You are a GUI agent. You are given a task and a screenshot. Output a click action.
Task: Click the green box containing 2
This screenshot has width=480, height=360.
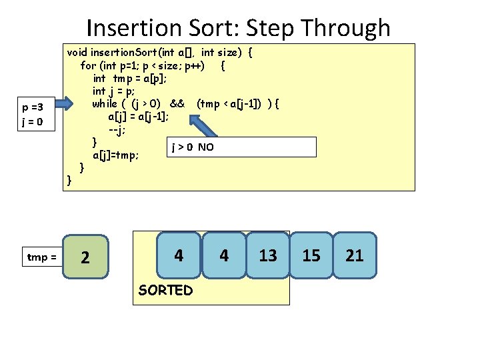tap(85, 257)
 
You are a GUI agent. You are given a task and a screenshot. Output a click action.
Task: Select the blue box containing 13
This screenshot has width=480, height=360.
tap(268, 255)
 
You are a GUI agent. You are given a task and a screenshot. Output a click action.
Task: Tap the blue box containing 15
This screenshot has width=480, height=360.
tap(311, 255)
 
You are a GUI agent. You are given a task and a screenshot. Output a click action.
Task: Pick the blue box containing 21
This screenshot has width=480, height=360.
tap(355, 255)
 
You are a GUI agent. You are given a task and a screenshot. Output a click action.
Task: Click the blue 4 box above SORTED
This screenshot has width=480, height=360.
tap(179, 255)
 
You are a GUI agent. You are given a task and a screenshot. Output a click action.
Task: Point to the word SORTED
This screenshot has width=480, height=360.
tap(165, 291)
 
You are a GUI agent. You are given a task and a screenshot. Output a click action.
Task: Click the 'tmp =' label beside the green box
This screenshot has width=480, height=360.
tap(41, 257)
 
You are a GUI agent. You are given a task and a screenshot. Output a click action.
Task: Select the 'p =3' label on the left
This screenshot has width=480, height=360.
tap(33, 107)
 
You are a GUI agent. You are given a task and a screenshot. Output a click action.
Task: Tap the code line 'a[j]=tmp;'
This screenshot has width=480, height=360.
tap(115, 155)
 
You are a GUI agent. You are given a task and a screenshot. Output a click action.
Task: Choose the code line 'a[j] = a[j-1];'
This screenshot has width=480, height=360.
tap(139, 116)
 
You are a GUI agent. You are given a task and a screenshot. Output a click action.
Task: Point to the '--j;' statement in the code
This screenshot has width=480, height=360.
tap(117, 129)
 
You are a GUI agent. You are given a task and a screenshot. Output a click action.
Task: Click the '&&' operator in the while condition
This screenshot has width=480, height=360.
tap(177, 103)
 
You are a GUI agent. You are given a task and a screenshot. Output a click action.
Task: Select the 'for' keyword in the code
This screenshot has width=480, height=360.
tap(87, 65)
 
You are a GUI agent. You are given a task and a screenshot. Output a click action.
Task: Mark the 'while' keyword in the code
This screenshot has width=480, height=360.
tap(105, 103)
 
